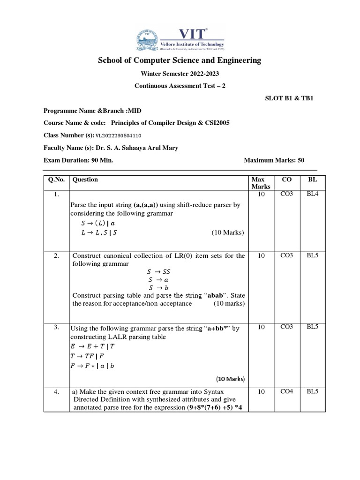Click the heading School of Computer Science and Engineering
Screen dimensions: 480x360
[x=180, y=60]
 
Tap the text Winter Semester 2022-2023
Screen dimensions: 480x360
[x=180, y=74]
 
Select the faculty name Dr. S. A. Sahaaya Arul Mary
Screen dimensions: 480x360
[x=137, y=148]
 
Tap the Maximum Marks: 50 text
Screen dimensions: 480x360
[x=274, y=160]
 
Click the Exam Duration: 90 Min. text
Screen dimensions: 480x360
[x=78, y=160]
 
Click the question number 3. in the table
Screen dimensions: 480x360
[x=56, y=327]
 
